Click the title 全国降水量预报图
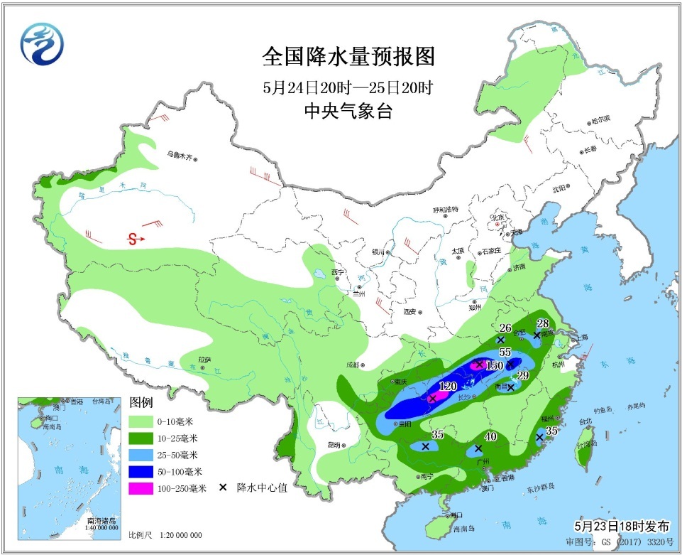click(348, 56)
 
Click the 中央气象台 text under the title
click(348, 112)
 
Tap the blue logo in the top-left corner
click(42, 43)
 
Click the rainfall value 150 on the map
click(495, 365)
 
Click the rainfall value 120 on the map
click(447, 387)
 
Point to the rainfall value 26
click(505, 328)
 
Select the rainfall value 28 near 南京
click(543, 322)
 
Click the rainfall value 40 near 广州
click(490, 436)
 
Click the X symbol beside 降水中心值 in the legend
click(223, 488)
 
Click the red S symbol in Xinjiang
click(133, 239)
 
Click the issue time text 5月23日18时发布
click(621, 527)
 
